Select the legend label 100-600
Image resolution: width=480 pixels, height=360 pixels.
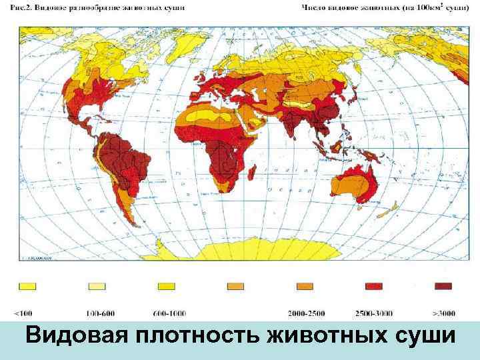99,311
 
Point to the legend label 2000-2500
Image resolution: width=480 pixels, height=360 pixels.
307,311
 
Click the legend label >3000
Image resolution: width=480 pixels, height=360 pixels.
443,311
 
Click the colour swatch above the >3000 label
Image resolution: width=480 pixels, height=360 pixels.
443,286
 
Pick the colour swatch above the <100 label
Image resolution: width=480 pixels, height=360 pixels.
27,286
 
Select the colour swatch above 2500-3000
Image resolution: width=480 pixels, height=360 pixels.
374,286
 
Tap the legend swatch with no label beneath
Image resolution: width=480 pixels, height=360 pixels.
235,286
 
